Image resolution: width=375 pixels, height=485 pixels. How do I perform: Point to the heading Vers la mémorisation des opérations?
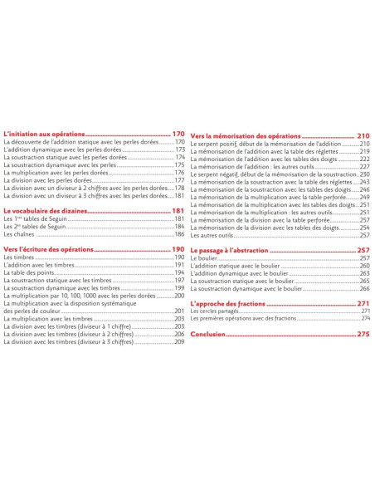(246, 135)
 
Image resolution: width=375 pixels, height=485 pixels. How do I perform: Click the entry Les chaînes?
(18, 234)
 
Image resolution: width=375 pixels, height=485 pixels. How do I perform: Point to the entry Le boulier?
(203, 258)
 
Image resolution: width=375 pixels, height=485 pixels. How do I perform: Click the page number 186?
(178, 234)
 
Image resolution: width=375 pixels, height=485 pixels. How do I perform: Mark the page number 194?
(178, 272)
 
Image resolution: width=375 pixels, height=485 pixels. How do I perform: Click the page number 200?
(178, 296)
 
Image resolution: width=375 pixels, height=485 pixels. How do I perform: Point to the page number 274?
(365, 318)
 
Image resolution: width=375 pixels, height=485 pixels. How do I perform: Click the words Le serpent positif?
(218, 144)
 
